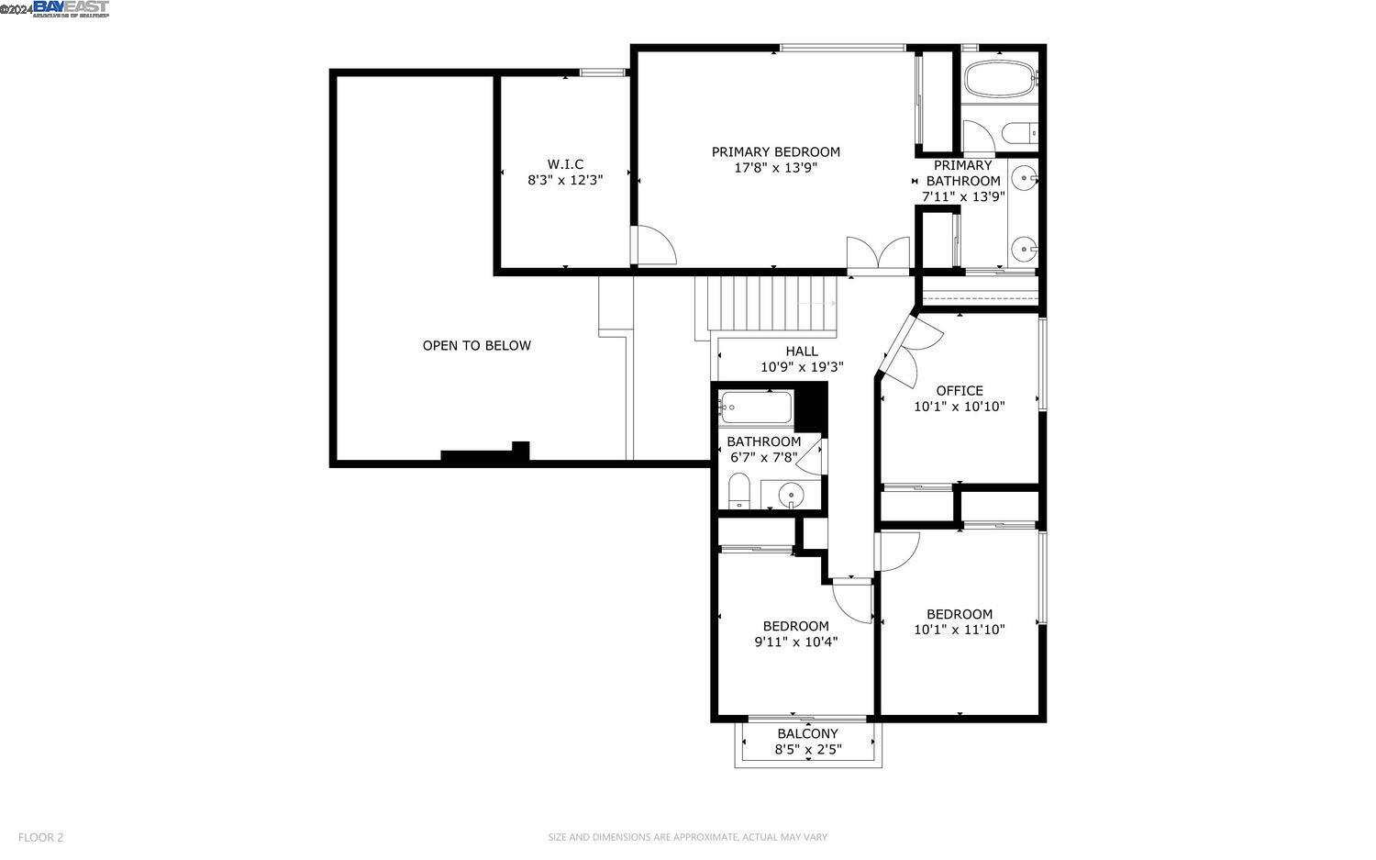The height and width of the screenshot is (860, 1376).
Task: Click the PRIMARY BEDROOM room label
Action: click(775, 151)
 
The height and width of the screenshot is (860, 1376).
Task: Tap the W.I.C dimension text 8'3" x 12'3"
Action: click(565, 181)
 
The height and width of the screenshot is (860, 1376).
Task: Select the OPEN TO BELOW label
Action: click(476, 346)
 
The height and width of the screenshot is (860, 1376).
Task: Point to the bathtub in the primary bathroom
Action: click(998, 80)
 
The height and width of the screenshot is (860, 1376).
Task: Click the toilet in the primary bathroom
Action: click(1018, 134)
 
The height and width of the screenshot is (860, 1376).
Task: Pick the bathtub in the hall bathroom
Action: click(755, 407)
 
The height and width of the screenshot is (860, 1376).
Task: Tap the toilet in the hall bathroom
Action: click(739, 490)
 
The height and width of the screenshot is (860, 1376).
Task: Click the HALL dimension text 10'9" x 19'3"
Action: click(802, 367)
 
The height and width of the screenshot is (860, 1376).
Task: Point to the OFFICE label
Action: click(960, 390)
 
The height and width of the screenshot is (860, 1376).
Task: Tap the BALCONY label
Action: click(807, 733)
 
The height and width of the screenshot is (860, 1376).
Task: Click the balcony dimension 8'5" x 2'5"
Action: click(807, 750)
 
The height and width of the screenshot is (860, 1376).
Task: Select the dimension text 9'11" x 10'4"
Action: click(795, 642)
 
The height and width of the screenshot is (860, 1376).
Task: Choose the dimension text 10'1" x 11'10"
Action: click(960, 630)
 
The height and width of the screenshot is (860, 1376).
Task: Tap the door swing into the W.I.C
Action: click(653, 246)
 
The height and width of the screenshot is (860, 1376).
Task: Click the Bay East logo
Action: click(71, 9)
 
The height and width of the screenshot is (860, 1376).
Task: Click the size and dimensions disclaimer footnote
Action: click(687, 837)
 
